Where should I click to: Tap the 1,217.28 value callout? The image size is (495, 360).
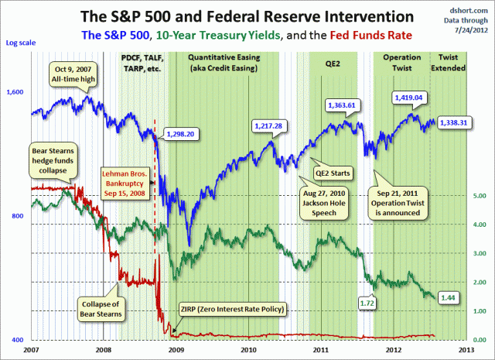pos(271,125)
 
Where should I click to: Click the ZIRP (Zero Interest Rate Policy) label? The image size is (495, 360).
pos(230,310)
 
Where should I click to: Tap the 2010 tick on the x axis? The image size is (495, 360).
pos(248,349)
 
